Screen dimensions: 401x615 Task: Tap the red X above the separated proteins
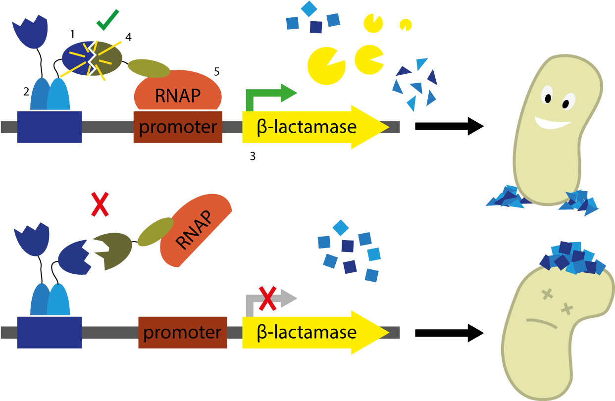(x=100, y=204)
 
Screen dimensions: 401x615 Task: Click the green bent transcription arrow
(x=267, y=96)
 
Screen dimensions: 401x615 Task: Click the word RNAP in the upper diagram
(x=178, y=95)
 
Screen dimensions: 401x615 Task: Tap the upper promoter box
(x=178, y=127)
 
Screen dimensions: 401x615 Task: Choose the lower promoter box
(x=182, y=332)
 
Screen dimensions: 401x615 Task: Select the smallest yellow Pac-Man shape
(x=406, y=24)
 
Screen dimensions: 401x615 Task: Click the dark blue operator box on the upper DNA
(x=50, y=127)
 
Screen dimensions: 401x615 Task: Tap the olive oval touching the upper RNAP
(x=149, y=68)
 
